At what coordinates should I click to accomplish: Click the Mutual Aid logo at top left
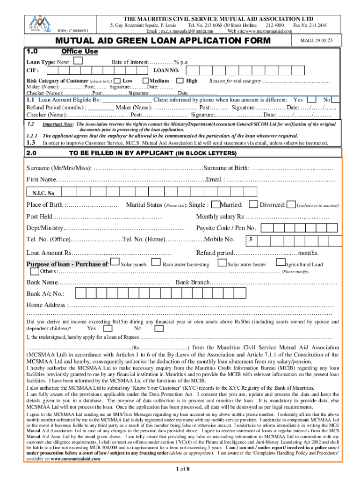(x=40, y=23)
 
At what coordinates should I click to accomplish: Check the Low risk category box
(x=116, y=81)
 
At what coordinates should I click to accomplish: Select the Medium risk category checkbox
(x=145, y=81)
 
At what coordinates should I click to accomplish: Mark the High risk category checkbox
(x=180, y=81)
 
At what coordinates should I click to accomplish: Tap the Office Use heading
(x=79, y=51)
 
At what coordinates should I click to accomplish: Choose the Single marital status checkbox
(x=216, y=204)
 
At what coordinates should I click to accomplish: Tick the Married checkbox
(x=253, y=204)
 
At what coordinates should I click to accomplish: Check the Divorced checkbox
(x=291, y=204)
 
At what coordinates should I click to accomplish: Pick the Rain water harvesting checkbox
(x=156, y=264)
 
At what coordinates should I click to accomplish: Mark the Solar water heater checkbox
(x=223, y=264)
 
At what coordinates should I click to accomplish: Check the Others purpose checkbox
(x=35, y=271)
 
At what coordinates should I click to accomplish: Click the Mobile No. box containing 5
(x=252, y=240)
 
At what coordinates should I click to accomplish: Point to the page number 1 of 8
(x=180, y=469)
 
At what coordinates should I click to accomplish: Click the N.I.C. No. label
(x=44, y=193)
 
